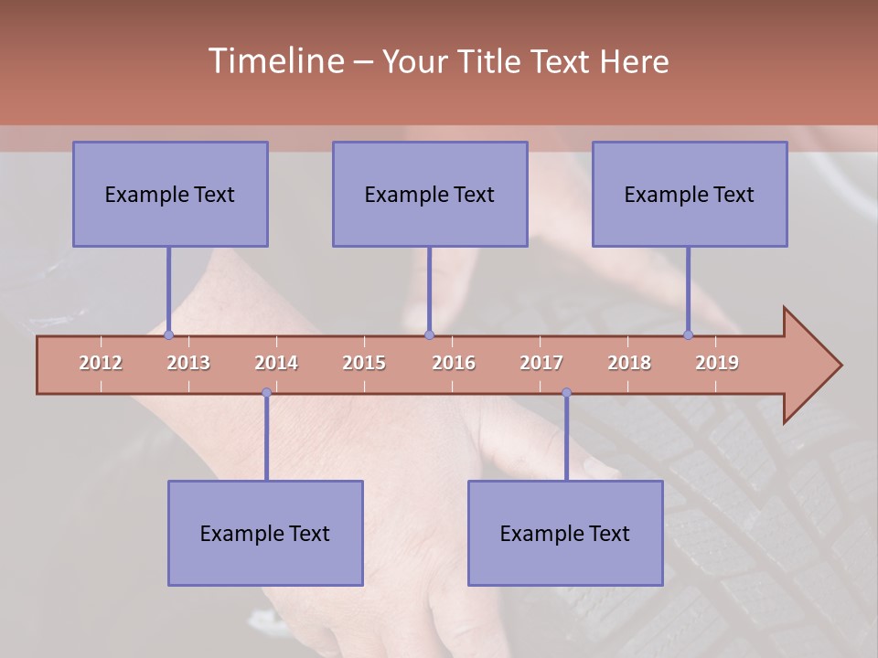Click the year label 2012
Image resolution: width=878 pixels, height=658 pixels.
point(101,363)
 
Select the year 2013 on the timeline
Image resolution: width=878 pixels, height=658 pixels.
point(188,363)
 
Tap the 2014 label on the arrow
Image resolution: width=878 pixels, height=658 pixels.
point(276,363)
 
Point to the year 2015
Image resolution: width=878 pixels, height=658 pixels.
point(364,363)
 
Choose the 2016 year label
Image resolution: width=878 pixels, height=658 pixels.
point(454,363)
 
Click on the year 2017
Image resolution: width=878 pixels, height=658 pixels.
point(541,363)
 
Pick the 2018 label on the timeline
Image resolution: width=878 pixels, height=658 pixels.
point(629,363)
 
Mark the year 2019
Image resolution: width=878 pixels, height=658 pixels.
point(717,363)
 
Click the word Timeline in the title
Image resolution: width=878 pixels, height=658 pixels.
point(275,61)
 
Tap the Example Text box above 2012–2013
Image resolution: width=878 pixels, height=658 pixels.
point(170,194)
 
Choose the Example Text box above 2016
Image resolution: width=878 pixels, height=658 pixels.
point(430,194)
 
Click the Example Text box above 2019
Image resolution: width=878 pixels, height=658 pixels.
point(690,194)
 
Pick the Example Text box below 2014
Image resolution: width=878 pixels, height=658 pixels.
point(265,533)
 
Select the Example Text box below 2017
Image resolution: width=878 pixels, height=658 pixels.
point(565,533)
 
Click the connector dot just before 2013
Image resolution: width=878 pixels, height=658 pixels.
point(168,335)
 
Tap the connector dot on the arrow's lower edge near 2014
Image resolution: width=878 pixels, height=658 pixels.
point(266,393)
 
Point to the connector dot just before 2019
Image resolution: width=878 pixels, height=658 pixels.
point(689,335)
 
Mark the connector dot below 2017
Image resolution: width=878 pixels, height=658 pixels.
point(566,393)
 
